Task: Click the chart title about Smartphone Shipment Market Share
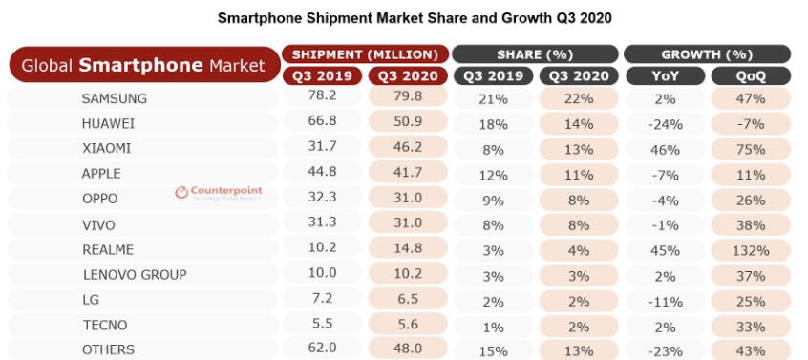coord(415,18)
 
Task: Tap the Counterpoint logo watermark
coord(219,192)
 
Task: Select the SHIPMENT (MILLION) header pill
coord(365,54)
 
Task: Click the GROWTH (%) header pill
coord(707,54)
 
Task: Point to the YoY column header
coord(665,76)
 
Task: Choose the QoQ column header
coord(751,76)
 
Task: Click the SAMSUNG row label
coord(114,98)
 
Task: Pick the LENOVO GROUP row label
coord(135,275)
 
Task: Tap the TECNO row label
coord(105,326)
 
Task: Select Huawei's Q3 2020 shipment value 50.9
coord(408,122)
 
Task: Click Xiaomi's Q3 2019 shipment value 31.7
coord(322,147)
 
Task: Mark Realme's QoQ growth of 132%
coord(751,251)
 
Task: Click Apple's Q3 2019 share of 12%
coord(493,175)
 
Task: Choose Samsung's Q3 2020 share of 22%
coord(579,98)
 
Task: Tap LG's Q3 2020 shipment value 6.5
coord(408,299)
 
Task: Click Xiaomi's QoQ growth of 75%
coord(751,149)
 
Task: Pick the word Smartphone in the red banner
coord(141,65)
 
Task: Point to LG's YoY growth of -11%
coord(665,302)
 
